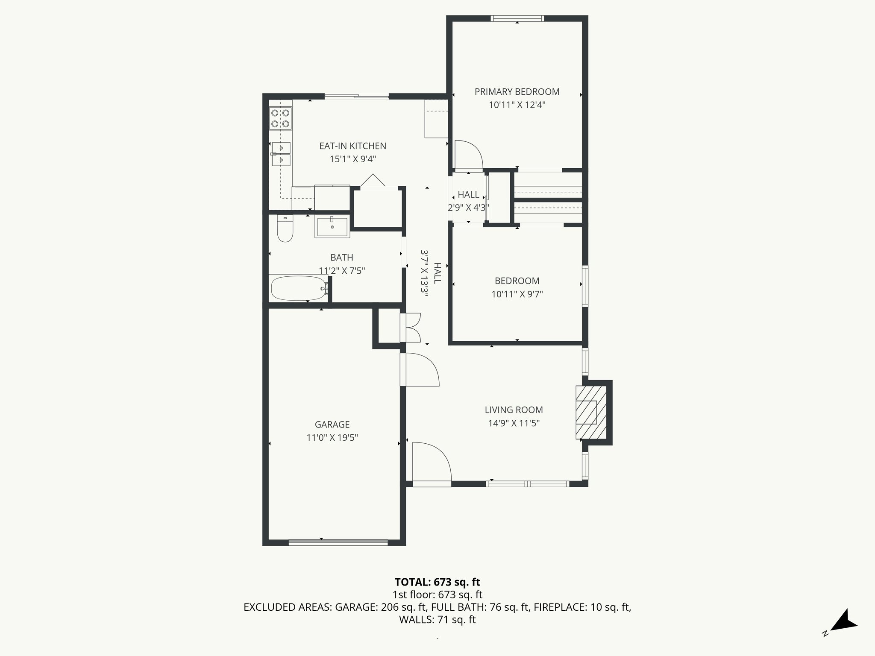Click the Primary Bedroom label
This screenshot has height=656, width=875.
point(517,92)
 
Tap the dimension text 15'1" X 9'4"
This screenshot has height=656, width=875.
point(352,159)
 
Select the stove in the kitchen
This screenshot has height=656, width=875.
point(281,118)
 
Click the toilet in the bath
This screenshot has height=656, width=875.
point(285,229)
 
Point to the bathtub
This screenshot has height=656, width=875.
point(299,288)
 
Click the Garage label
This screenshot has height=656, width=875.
point(332,425)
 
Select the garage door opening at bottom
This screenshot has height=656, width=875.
point(338,542)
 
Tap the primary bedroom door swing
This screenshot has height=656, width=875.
point(468,155)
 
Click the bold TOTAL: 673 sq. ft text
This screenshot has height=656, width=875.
point(437,582)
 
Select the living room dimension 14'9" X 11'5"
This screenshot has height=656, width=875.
point(514,423)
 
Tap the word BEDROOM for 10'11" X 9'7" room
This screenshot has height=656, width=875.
point(517,281)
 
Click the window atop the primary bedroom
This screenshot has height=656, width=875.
point(517,18)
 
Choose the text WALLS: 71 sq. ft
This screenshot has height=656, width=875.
point(437,620)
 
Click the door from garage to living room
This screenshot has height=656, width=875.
point(421,370)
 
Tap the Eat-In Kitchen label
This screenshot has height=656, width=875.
point(352,146)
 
